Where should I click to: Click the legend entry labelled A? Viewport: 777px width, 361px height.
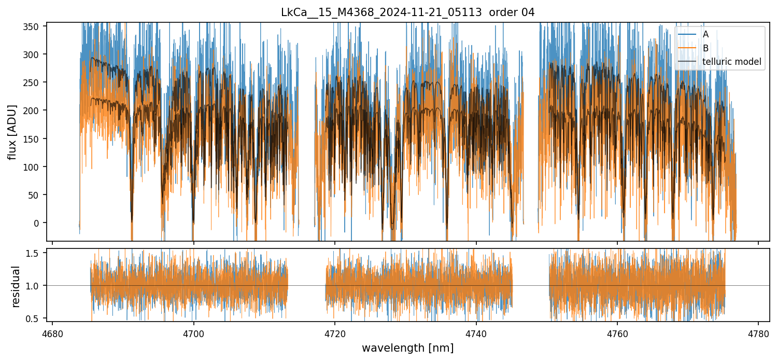pos(705,35)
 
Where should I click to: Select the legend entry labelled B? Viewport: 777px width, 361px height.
pos(705,48)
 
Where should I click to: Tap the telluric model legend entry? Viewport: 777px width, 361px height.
pos(731,62)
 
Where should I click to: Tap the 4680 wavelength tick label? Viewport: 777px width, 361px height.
pos(52,335)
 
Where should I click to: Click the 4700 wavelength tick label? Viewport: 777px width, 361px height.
pos(193,335)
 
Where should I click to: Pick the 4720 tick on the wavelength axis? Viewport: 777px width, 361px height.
pos(335,335)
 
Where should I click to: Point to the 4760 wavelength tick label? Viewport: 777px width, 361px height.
pos(617,335)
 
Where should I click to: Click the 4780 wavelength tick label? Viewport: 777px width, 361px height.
pos(758,335)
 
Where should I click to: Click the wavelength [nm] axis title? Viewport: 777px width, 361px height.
pos(407,348)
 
